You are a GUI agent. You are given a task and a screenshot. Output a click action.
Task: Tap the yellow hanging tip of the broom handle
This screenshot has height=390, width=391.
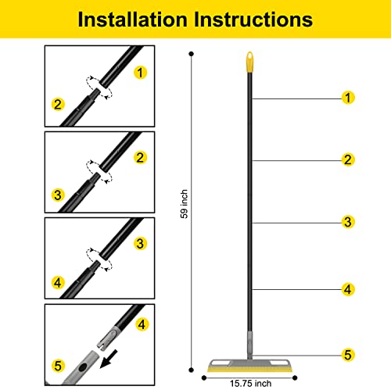[x=250, y=60]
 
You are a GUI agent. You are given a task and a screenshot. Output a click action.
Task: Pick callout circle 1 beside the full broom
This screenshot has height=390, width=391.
[x=348, y=98]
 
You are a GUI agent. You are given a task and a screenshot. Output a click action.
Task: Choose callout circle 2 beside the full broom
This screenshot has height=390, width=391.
[x=348, y=160]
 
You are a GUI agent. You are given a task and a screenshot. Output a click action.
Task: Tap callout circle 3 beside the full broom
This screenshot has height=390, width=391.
[x=348, y=223]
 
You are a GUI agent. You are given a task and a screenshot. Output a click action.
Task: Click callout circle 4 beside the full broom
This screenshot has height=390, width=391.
[x=348, y=289]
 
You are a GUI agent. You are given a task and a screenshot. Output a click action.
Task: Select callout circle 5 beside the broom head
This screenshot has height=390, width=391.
[x=348, y=354]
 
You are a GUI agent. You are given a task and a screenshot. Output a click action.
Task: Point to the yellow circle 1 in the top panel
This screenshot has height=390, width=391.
[x=140, y=72]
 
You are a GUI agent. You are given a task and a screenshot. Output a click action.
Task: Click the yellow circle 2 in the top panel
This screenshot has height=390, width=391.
[x=57, y=104]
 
